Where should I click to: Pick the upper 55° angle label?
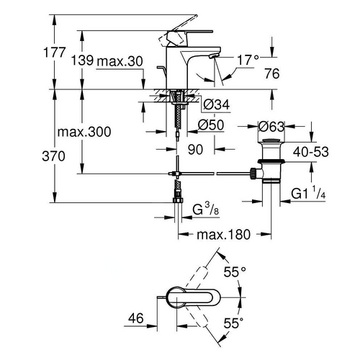(235, 273)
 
